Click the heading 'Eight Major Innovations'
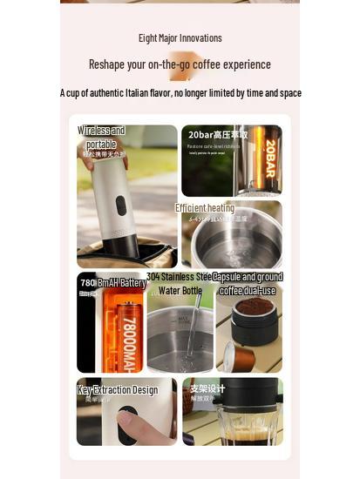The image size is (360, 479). click(180, 37)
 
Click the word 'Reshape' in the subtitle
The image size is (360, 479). click(107, 64)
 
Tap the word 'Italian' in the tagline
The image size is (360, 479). click(147, 93)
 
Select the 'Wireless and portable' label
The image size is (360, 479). click(101, 137)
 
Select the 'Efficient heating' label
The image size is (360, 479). click(205, 208)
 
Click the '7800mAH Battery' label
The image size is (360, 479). click(113, 283)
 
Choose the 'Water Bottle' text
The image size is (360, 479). click(180, 291)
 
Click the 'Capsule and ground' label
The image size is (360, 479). click(248, 278)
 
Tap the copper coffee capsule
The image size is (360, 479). click(240, 356)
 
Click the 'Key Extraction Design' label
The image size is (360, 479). click(118, 390)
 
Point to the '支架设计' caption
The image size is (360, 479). click(207, 388)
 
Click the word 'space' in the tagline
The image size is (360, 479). click(290, 93)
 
